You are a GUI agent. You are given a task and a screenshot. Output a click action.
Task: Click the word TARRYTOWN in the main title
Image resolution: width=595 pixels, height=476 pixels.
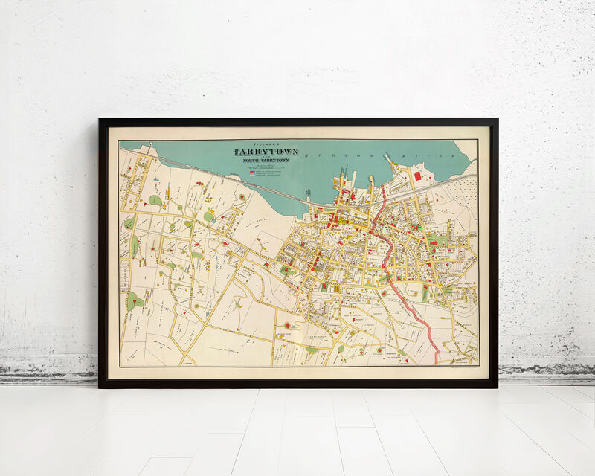click(266, 152)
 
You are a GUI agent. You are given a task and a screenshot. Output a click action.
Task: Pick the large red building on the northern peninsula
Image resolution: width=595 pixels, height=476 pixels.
click(417, 176)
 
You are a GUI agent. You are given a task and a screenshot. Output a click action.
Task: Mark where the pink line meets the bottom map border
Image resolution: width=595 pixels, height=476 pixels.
click(436, 364)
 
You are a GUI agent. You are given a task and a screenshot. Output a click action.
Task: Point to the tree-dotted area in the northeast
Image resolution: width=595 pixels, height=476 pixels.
click(461, 193)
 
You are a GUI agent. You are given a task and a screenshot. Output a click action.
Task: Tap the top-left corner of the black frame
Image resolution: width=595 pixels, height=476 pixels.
click(100, 119)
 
